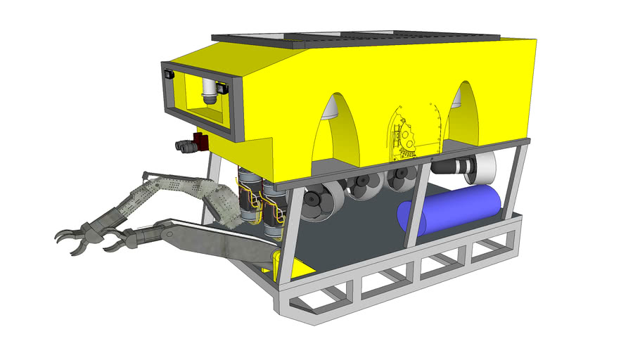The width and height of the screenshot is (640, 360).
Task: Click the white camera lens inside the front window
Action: tap(209, 91)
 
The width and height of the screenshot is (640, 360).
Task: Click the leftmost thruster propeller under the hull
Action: tap(315, 202)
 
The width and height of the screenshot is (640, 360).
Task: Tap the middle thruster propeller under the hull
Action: tap(363, 186)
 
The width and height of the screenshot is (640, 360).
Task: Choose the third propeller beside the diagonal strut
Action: tap(401, 179)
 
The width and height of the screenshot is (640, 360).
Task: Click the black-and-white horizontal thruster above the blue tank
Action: tap(461, 167)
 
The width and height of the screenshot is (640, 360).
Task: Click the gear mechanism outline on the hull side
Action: tap(408, 138)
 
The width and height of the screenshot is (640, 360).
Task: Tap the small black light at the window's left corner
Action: tap(169, 73)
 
